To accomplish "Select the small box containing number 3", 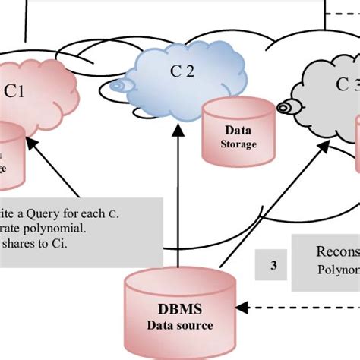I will (273, 266).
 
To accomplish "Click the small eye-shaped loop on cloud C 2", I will (117, 86).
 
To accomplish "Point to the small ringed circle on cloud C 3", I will (285, 108).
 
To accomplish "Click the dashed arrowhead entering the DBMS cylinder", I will (242, 308).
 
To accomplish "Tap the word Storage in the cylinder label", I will (238, 144).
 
